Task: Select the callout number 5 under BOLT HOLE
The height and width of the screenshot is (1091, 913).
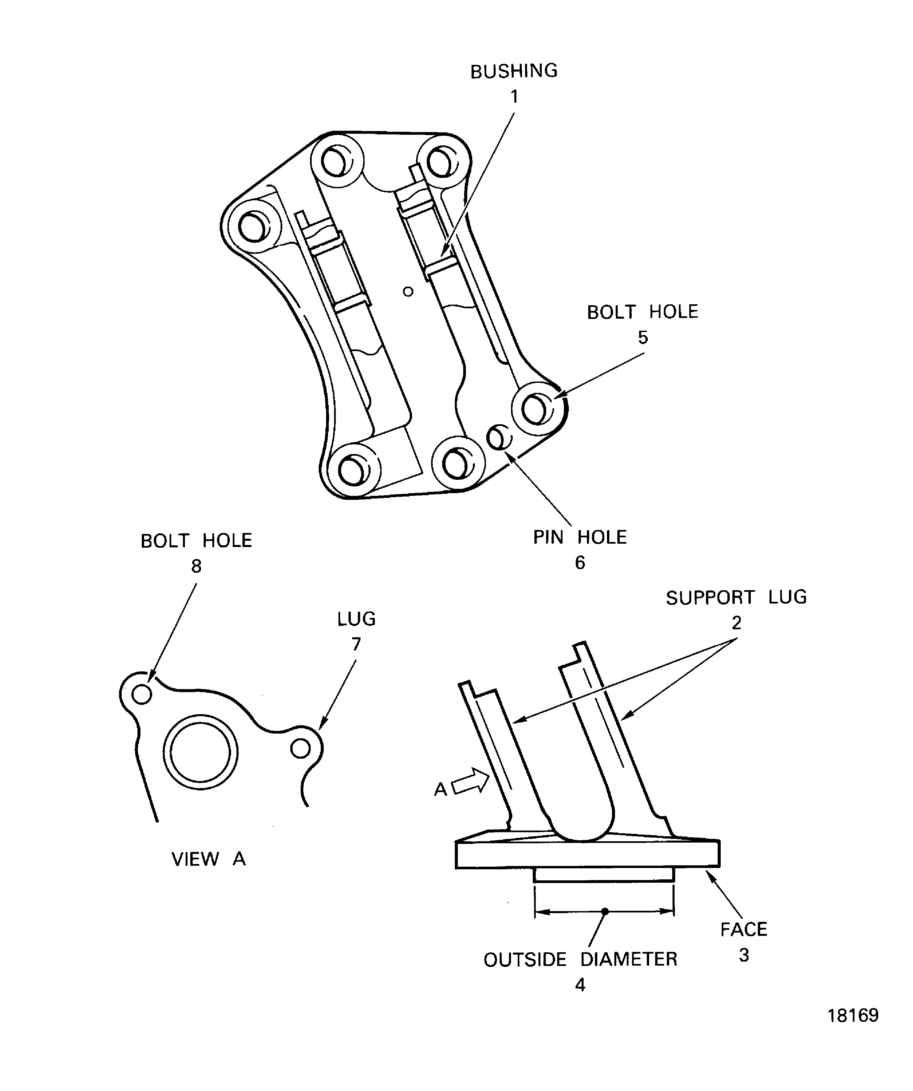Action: (643, 338)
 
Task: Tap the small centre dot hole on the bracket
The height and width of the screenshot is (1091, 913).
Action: (408, 292)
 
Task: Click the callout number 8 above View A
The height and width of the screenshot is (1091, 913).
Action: (196, 566)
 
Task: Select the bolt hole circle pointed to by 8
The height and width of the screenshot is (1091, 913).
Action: (142, 694)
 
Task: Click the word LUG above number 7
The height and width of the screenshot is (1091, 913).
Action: (356, 619)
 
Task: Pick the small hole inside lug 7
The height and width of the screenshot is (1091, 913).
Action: (300, 749)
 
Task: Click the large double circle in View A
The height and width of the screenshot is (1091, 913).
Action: (201, 752)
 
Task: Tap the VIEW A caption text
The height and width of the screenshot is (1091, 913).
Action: (208, 859)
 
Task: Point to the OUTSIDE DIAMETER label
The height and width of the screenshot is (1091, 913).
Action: (580, 959)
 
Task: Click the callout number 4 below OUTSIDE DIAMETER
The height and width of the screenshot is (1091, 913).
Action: (580, 985)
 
